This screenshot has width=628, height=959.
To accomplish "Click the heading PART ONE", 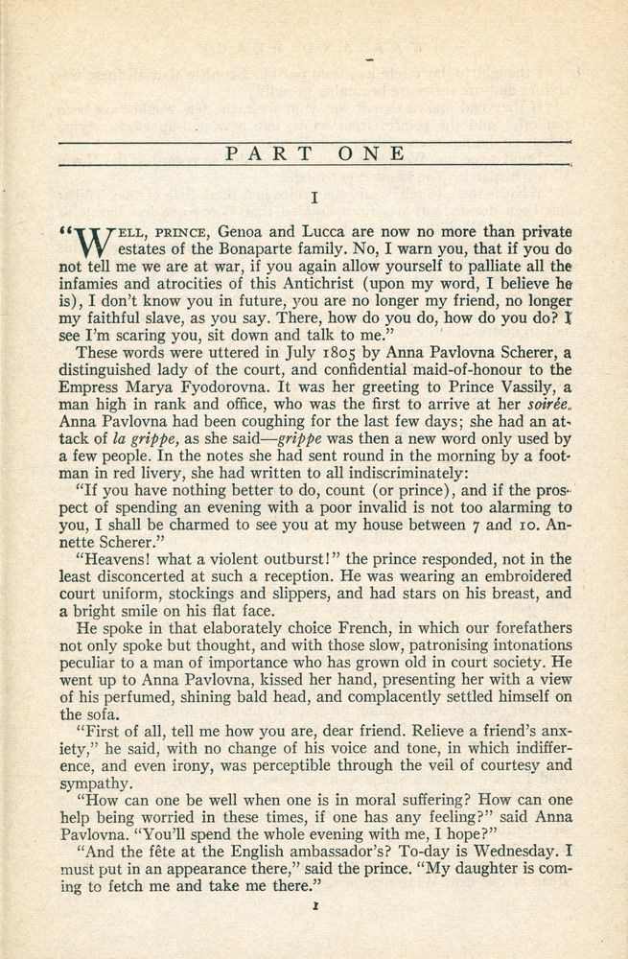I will (314, 153).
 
